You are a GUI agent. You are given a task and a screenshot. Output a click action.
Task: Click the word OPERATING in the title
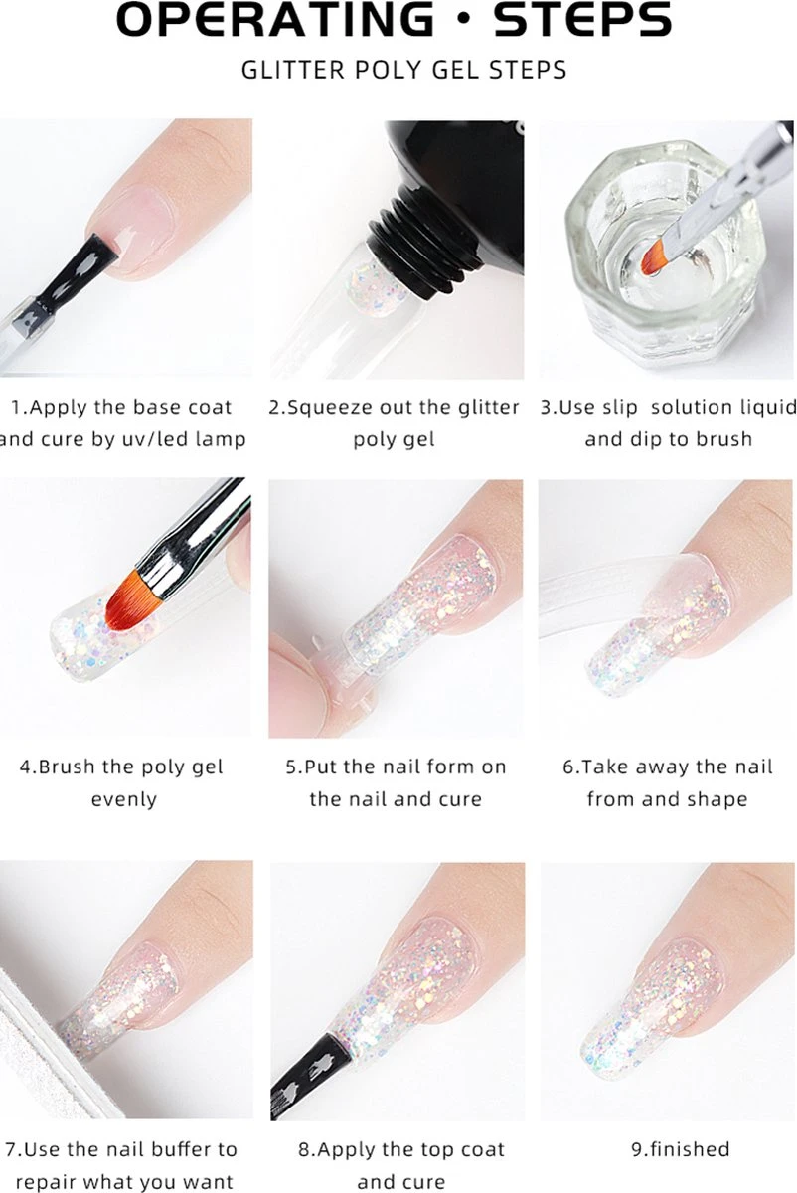(274, 20)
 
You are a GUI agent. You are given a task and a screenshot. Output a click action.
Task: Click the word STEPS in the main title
(583, 20)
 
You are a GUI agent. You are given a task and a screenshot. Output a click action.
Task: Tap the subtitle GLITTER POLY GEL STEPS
(403, 70)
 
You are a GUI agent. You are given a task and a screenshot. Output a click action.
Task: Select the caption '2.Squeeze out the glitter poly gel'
(395, 423)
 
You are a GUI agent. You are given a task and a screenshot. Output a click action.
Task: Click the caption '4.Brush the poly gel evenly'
(122, 782)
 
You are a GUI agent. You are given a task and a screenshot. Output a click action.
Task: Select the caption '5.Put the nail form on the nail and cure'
(395, 782)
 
